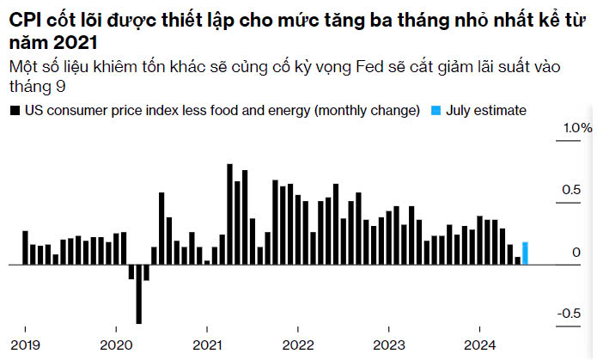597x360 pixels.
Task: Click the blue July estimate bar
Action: (x=525, y=253)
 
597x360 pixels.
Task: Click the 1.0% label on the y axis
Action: (x=576, y=128)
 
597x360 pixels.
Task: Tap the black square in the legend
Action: (x=13, y=110)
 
